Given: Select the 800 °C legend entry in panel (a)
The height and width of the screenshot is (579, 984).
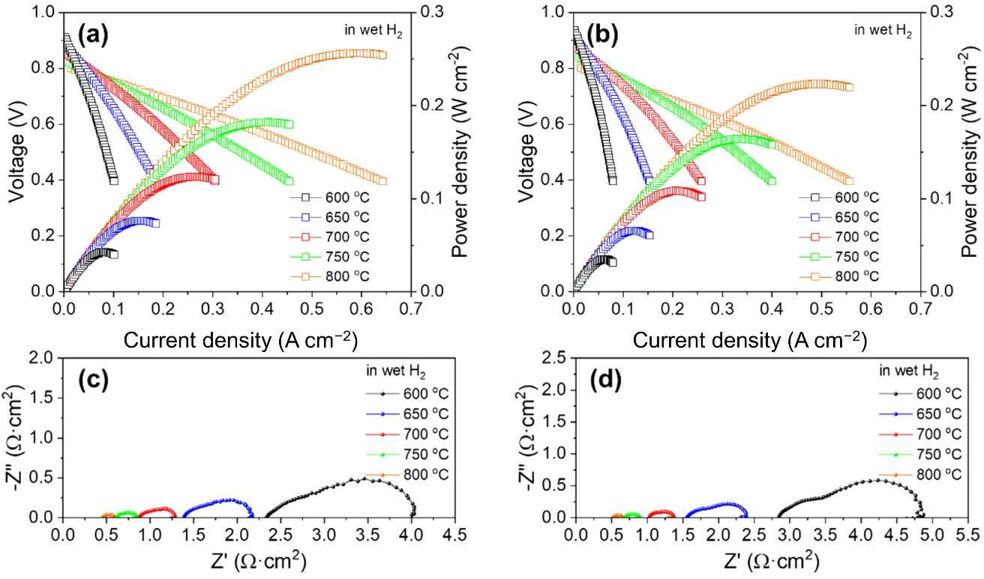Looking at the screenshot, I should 331,276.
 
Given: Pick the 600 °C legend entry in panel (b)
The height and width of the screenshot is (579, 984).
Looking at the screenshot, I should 840,198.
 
